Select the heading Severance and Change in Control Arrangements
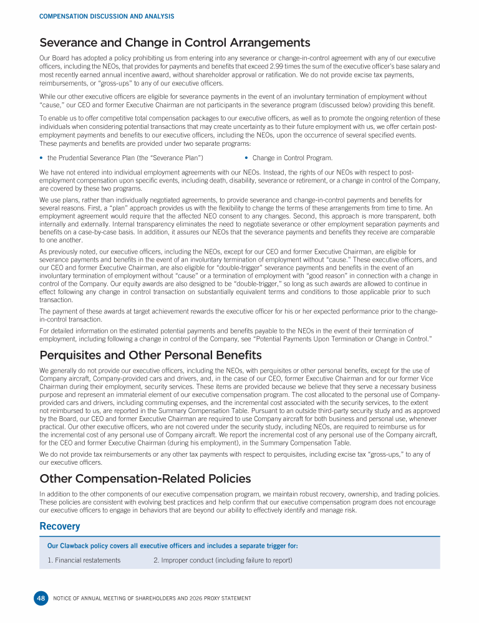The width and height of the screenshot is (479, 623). click(175, 43)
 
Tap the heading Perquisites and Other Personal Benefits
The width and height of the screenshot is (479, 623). click(150, 355)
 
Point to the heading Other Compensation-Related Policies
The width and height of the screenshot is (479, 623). click(145, 478)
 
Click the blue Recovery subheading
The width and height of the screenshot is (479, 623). click(60, 526)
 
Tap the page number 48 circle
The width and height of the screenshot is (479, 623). click(41, 599)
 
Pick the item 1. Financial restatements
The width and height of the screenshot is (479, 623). click(84, 560)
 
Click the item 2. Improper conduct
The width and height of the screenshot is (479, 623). click(223, 560)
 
